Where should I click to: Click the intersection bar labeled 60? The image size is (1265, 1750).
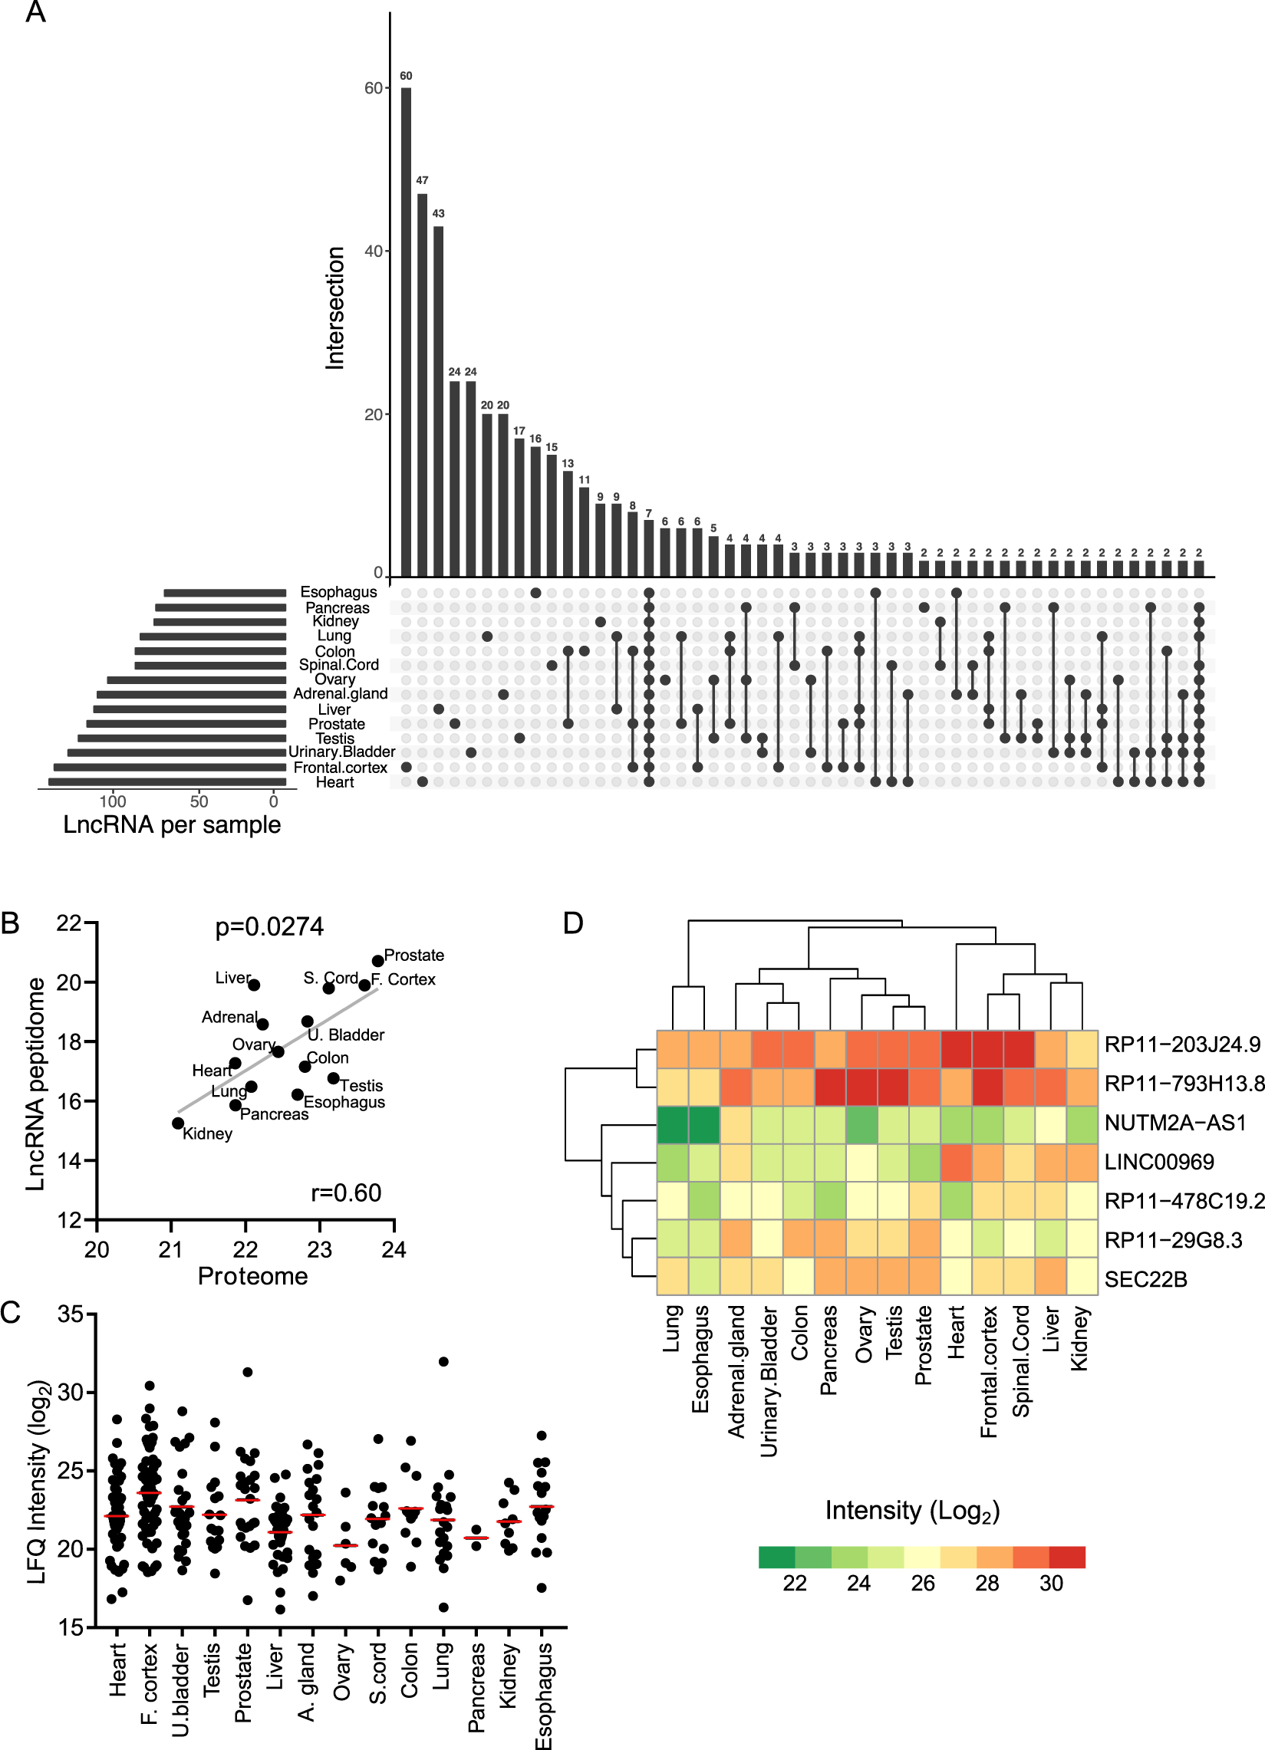406,332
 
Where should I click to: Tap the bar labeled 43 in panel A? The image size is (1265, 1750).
438,401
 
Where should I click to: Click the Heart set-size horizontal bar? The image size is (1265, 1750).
166,782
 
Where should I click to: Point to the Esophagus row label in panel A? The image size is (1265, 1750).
338,592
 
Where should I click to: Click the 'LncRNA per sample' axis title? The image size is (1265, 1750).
171,824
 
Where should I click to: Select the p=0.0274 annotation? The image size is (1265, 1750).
269,926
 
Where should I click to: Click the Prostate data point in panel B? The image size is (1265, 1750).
377,961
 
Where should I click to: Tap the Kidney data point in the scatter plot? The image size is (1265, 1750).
178,1123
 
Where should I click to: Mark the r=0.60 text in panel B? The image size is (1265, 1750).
346,1193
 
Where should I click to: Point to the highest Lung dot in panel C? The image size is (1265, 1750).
443,1362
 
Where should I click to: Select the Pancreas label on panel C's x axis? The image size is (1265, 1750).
477,1686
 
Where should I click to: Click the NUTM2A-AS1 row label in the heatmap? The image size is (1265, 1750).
1174,1123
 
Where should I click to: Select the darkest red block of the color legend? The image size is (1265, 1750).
1067,1557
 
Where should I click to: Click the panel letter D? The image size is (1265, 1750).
573,923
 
